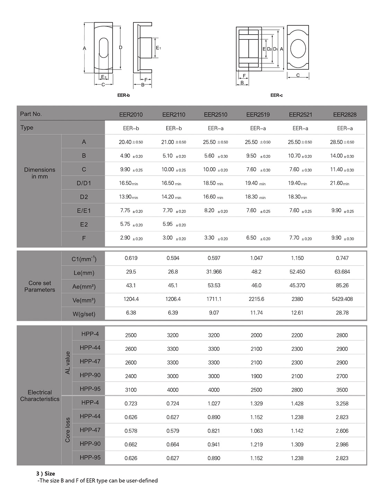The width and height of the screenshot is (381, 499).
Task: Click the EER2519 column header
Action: pyautogui.click(x=258, y=115)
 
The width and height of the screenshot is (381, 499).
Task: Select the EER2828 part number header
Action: pyautogui.click(x=345, y=115)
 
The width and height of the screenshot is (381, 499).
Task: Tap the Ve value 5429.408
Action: pyautogui.click(x=342, y=299)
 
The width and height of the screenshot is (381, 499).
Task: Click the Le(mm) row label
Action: pyautogui.click(x=84, y=273)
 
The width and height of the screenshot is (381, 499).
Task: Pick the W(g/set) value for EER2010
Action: pyautogui.click(x=131, y=313)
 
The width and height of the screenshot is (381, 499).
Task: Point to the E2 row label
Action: pyautogui.click(x=84, y=224)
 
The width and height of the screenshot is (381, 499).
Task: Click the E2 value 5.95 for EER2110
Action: pyautogui.click(x=168, y=224)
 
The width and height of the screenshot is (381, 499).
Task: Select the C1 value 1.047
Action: pyautogui.click(x=256, y=258)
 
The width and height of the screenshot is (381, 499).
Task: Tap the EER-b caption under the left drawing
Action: pyautogui.click(x=123, y=95)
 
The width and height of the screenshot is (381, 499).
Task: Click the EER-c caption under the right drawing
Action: pyautogui.click(x=276, y=95)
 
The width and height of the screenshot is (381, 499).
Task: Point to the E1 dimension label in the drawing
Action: pyautogui.click(x=158, y=48)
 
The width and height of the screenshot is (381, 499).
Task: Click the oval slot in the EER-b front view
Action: pyautogui.click(x=104, y=48)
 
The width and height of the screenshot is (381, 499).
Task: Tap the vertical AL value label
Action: pyautogui.click(x=68, y=363)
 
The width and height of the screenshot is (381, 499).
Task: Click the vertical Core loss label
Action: pyautogui.click(x=68, y=430)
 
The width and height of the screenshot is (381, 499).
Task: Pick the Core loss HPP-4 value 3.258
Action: pyautogui.click(x=342, y=403)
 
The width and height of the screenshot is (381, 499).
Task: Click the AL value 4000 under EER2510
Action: pyautogui.click(x=214, y=390)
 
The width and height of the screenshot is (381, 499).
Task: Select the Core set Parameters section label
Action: pyautogui.click(x=39, y=286)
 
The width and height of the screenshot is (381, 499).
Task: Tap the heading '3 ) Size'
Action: pyautogui.click(x=46, y=473)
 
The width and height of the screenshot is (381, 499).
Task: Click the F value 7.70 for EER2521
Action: pyautogui.click(x=294, y=238)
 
